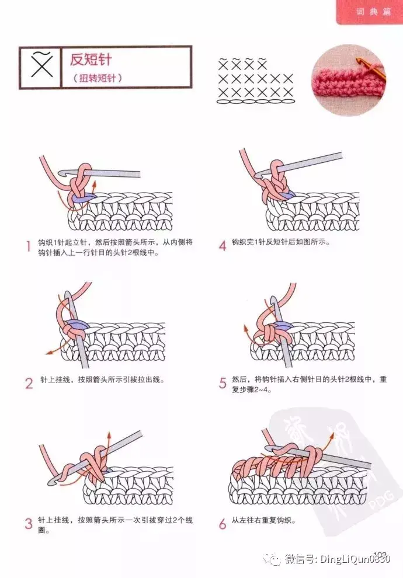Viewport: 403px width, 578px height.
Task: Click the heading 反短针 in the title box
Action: click(91, 60)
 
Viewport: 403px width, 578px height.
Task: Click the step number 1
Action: click(28, 246)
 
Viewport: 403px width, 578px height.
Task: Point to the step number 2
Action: click(29, 384)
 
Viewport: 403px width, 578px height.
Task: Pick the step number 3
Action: click(29, 524)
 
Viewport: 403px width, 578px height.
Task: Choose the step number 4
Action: click(223, 246)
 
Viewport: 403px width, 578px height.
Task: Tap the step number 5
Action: click(223, 383)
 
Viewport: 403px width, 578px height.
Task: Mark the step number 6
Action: click(223, 524)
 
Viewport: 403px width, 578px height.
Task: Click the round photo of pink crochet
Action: click(348, 80)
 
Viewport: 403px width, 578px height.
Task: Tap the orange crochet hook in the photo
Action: click(370, 70)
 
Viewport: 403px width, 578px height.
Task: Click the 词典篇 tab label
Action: click(373, 12)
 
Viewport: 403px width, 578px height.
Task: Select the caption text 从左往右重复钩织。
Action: click(263, 521)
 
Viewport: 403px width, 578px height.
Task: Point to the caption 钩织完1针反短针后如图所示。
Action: click(281, 242)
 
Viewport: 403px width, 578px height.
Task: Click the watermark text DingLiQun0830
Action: click(355, 559)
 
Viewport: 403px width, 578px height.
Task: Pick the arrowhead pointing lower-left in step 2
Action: click(48, 353)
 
